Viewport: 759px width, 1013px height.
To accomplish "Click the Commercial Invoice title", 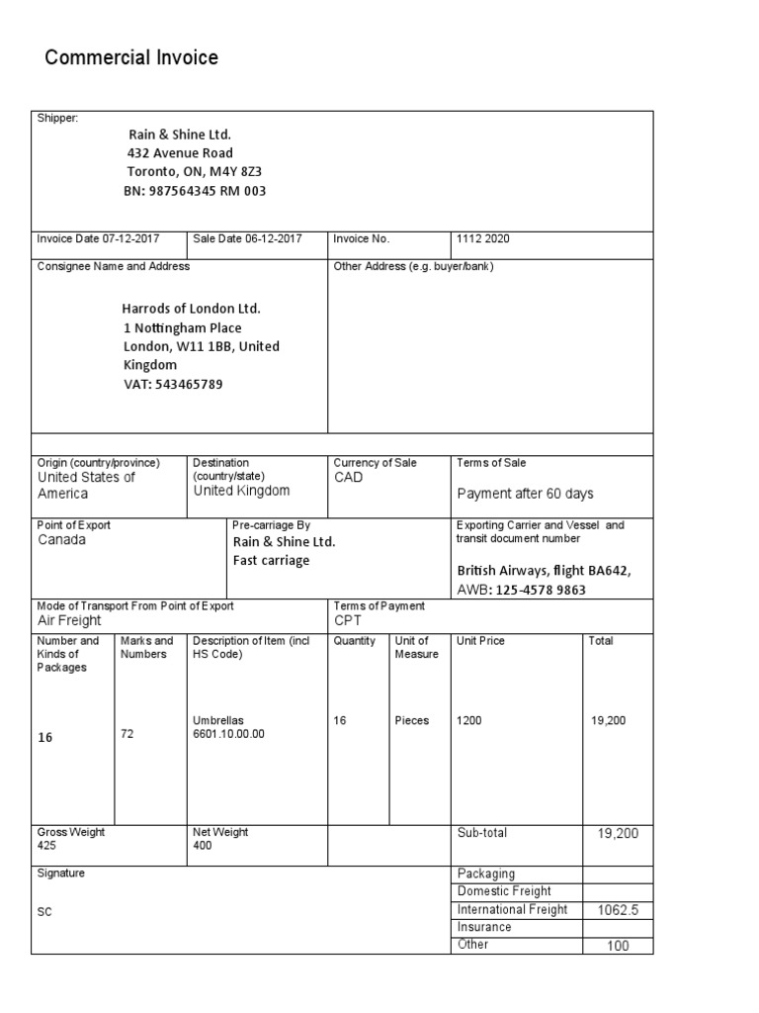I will click(131, 58).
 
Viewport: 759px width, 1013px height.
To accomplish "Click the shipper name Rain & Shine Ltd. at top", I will click(180, 135).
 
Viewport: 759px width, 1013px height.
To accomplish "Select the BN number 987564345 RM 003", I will click(195, 191).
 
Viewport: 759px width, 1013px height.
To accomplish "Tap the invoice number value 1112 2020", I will click(484, 239).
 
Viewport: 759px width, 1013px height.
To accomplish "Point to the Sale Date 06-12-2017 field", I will click(248, 239).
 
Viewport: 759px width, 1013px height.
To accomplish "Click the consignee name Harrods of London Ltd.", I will click(192, 309).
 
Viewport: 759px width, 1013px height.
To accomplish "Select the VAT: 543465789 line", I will click(173, 384).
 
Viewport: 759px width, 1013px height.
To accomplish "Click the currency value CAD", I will click(349, 478).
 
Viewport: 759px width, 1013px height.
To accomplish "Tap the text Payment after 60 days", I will click(526, 494).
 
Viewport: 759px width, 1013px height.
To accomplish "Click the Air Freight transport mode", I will click(69, 620).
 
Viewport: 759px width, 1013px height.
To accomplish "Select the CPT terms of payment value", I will click(349, 620).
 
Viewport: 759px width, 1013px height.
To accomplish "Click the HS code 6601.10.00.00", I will click(229, 734).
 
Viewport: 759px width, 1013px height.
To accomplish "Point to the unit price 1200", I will click(469, 721).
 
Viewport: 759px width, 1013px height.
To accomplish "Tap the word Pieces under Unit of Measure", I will click(412, 721).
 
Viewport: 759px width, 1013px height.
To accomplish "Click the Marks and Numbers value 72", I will click(126, 733).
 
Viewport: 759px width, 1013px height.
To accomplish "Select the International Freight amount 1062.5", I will click(618, 909).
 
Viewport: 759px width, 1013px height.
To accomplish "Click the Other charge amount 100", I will click(619, 947).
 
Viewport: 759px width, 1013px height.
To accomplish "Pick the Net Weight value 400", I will click(203, 847).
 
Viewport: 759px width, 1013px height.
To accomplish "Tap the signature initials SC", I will click(44, 911).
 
